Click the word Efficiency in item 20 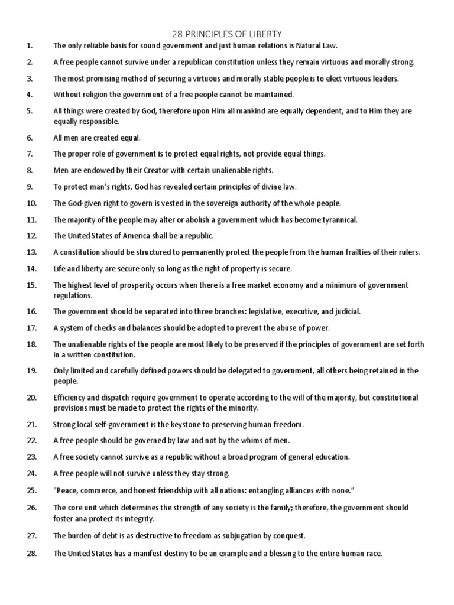pos(71,398)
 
